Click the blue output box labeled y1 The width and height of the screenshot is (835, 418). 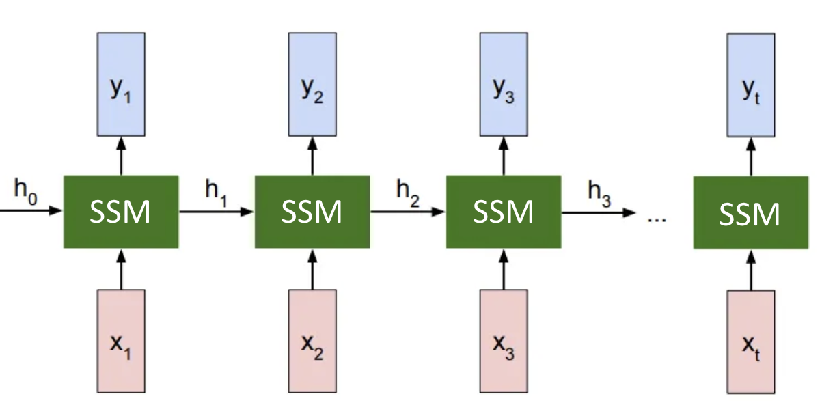121,84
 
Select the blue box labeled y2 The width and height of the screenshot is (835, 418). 312,84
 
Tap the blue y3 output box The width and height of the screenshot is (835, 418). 504,84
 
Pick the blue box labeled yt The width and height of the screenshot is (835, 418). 751,85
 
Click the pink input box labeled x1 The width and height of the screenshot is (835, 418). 121,342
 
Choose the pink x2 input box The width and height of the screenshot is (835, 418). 312,342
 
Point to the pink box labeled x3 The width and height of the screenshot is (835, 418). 504,342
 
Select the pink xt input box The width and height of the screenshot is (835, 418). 751,342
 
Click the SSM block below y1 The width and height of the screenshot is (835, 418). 121,212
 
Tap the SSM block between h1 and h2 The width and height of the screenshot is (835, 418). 312,212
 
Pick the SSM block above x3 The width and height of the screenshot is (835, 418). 504,212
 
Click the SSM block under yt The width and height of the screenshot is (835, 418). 751,212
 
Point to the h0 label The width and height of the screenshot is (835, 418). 25,191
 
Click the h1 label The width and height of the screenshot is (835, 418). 216,193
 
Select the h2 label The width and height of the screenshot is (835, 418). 408,193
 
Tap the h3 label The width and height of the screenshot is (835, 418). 599,194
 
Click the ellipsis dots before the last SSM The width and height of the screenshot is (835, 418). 657,221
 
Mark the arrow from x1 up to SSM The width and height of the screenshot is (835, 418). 121,269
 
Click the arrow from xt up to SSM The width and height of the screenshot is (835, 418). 751,270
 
